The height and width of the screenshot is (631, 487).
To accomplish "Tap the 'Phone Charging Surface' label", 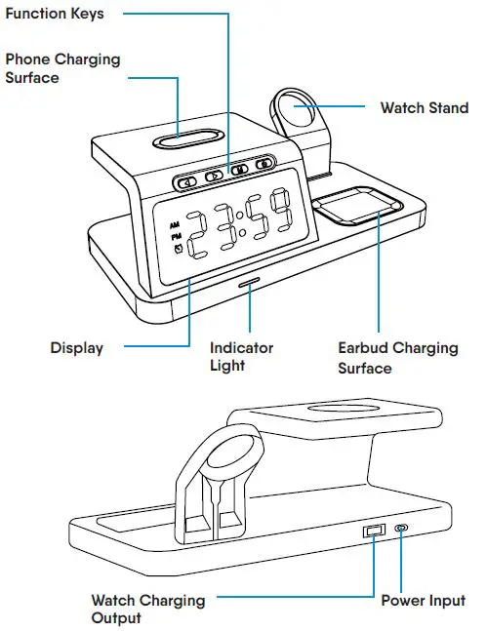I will [x=62, y=67].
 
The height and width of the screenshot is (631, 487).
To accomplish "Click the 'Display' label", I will [x=76, y=347].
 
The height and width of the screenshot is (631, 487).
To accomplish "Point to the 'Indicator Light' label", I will [x=241, y=356].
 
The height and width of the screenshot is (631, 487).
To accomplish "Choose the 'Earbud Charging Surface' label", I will [x=397, y=358].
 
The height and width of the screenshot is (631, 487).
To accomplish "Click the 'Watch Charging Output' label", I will [x=147, y=609].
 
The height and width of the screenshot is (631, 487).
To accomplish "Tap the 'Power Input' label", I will [x=423, y=600].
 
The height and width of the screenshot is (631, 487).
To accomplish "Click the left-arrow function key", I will [x=186, y=181].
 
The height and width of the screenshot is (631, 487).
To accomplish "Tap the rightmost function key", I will [x=264, y=164].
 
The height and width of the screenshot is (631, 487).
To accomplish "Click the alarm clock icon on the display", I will [x=177, y=249].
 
